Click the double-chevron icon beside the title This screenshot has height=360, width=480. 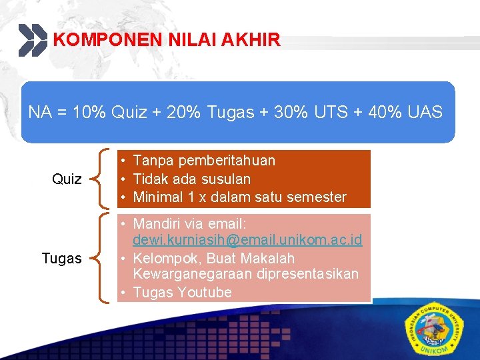pyautogui.click(x=33, y=40)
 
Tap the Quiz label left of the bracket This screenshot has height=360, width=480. pyautogui.click(x=67, y=179)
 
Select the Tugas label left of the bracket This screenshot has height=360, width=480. pyautogui.click(x=61, y=259)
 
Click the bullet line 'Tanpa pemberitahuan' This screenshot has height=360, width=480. pyautogui.click(x=204, y=161)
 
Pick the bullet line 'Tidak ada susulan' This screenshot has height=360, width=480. pyautogui.click(x=192, y=179)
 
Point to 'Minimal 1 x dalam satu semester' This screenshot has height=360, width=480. pyautogui.click(x=239, y=197)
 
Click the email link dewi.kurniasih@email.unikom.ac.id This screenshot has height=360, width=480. pyautogui.click(x=247, y=239)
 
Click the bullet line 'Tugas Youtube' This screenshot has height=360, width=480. pyautogui.click(x=182, y=292)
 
